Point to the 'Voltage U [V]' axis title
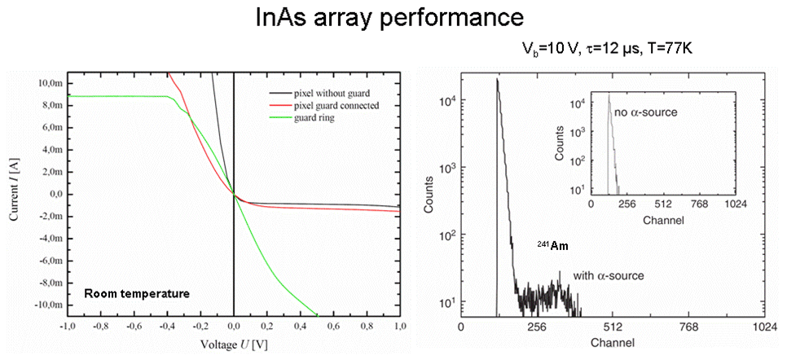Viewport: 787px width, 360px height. click(x=234, y=345)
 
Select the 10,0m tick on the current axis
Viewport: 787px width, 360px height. click(x=50, y=83)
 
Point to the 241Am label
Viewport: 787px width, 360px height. click(x=552, y=246)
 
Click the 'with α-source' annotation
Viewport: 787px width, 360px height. click(x=609, y=275)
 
